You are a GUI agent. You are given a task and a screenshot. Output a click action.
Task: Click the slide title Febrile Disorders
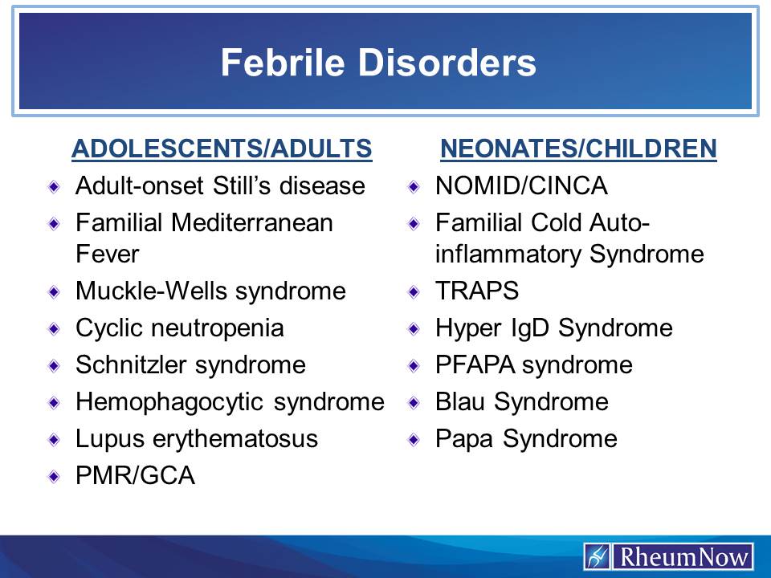pyautogui.click(x=378, y=63)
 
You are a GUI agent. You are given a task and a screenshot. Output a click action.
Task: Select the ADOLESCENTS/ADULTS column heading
pyautogui.click(x=221, y=149)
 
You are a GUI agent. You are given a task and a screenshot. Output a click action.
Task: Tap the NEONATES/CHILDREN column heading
pyautogui.click(x=578, y=149)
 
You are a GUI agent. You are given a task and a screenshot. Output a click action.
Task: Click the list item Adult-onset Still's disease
pyautogui.click(x=220, y=186)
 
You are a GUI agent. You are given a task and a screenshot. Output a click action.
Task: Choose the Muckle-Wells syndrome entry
pyautogui.click(x=210, y=291)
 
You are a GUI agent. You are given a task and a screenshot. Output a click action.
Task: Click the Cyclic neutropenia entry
pyautogui.click(x=179, y=328)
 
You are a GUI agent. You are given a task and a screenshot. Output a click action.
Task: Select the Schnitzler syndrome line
pyautogui.click(x=190, y=364)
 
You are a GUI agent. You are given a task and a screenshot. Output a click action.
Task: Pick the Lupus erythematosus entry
pyautogui.click(x=197, y=438)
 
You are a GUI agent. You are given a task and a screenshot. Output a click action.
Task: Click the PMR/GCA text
pyautogui.click(x=135, y=475)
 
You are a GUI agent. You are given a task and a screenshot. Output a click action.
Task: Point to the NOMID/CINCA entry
pyautogui.click(x=521, y=186)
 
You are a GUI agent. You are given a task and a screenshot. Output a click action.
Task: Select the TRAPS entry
pyautogui.click(x=477, y=291)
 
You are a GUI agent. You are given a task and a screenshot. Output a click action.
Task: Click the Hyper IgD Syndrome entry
pyautogui.click(x=553, y=328)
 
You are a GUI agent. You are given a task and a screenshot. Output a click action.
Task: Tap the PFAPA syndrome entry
pyautogui.click(x=533, y=364)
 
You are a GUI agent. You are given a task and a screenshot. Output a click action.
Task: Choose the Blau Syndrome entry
pyautogui.click(x=521, y=401)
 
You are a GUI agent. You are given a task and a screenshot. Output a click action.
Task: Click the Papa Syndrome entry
pyautogui.click(x=526, y=438)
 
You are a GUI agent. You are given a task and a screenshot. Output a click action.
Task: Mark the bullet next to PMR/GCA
pyautogui.click(x=54, y=476)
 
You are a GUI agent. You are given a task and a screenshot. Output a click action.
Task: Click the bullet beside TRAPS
pyautogui.click(x=414, y=291)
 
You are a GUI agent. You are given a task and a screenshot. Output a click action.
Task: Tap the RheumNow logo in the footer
pyautogui.click(x=669, y=556)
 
